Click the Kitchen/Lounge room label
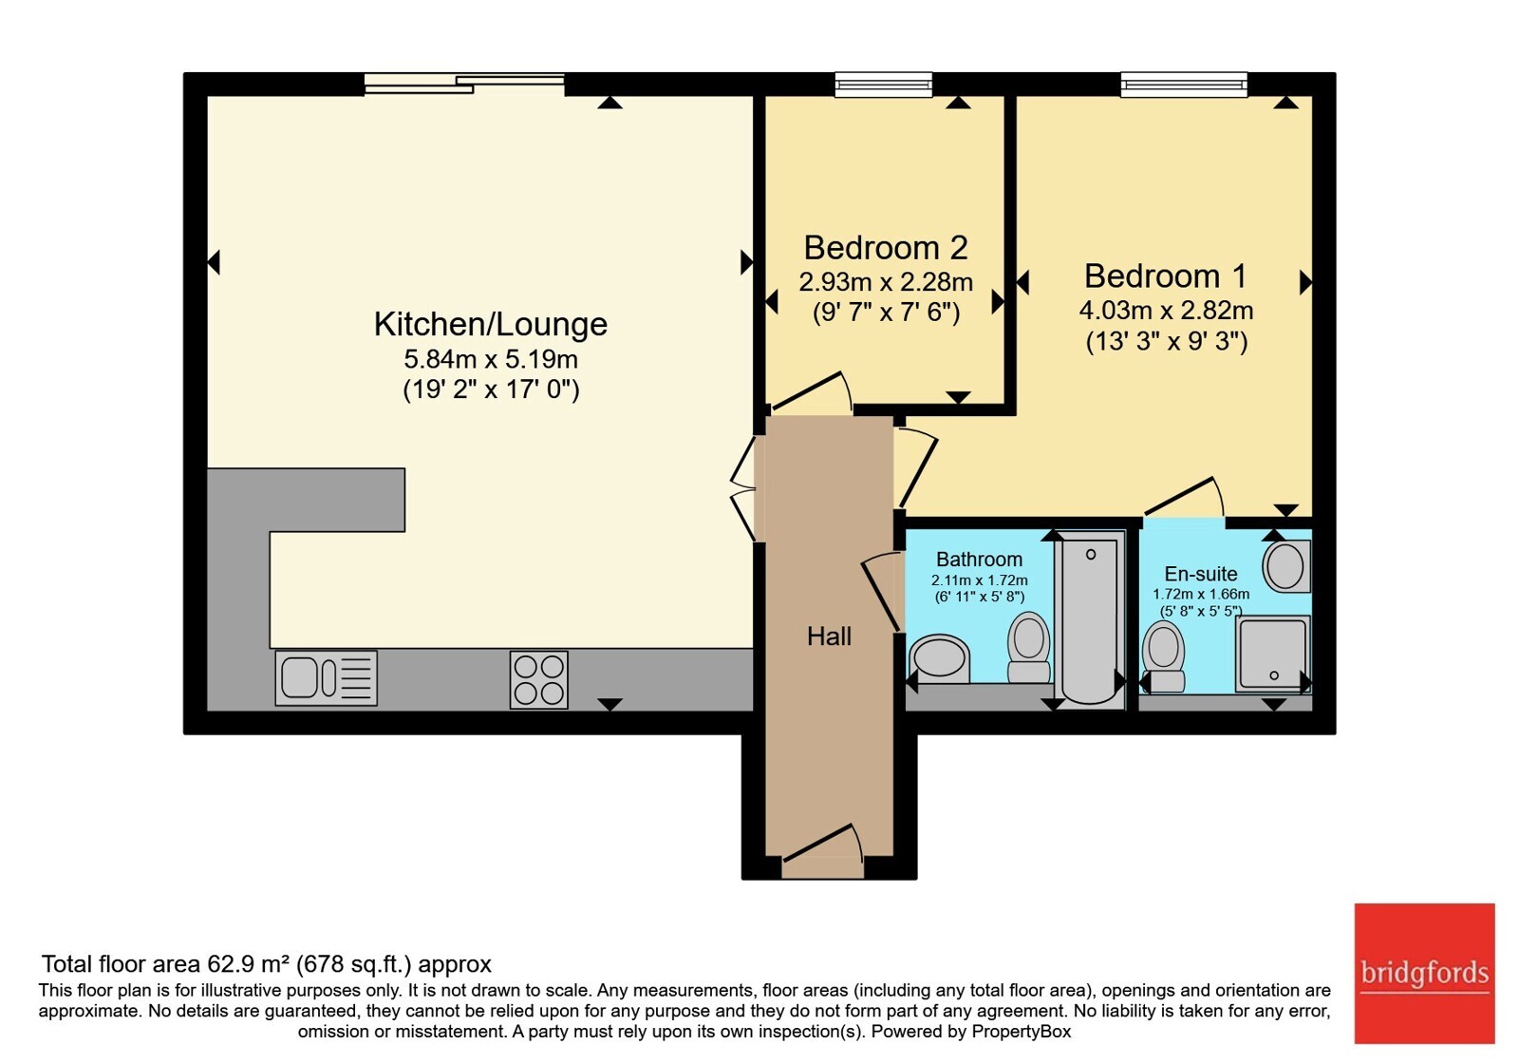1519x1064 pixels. tap(490, 324)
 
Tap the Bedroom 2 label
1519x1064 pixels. tap(886, 248)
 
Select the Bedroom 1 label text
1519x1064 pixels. tap(1166, 276)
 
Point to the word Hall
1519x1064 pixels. tap(829, 636)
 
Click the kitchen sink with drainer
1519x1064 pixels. tap(327, 678)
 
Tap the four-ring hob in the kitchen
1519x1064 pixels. tap(539, 680)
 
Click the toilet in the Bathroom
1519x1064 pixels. tap(1029, 647)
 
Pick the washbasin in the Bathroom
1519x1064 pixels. tap(939, 658)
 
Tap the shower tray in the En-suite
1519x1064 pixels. tap(1273, 655)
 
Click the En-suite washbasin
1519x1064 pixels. tap(1285, 566)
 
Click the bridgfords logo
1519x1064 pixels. tap(1425, 973)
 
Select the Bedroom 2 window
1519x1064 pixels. tap(884, 85)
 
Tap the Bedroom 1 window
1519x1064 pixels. tap(1184, 85)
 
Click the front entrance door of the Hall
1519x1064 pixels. tap(822, 851)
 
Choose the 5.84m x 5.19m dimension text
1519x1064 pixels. tap(490, 359)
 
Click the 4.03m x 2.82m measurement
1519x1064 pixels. tap(1166, 311)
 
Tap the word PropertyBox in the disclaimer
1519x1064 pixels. tap(1022, 1032)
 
